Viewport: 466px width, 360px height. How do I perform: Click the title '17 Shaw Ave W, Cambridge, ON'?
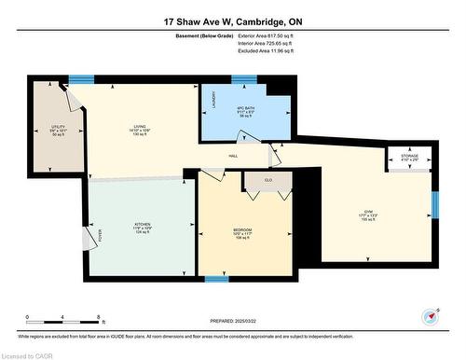[x=232, y=21]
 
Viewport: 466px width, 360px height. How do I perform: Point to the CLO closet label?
[x=267, y=180]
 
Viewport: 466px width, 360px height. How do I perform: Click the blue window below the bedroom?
[x=217, y=278]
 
